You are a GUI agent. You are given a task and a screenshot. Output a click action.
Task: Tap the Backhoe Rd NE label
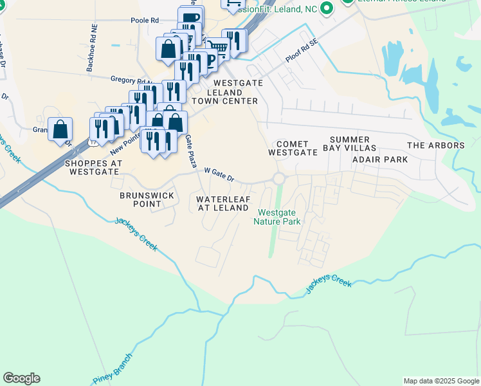coord(94,48)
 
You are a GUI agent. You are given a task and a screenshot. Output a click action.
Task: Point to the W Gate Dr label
coord(219,173)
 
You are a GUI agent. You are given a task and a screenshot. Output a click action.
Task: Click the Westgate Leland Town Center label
coord(235,92)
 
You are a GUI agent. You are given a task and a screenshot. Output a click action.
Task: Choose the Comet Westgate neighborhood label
coord(293,149)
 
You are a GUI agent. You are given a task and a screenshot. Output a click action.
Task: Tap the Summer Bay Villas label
coord(350,144)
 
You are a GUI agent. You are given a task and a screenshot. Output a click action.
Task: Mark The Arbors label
coord(435,145)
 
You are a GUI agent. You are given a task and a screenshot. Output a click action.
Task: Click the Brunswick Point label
coord(140,199)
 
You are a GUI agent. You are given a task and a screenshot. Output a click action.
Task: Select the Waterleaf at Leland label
coord(222,203)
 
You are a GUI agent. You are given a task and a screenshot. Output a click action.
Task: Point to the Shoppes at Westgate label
coord(93,167)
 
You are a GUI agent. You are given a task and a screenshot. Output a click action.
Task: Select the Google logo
coord(21,378)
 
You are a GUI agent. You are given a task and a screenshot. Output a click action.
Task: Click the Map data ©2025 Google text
coord(440,381)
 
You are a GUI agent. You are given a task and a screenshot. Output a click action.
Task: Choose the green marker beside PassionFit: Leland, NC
coord(327,8)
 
